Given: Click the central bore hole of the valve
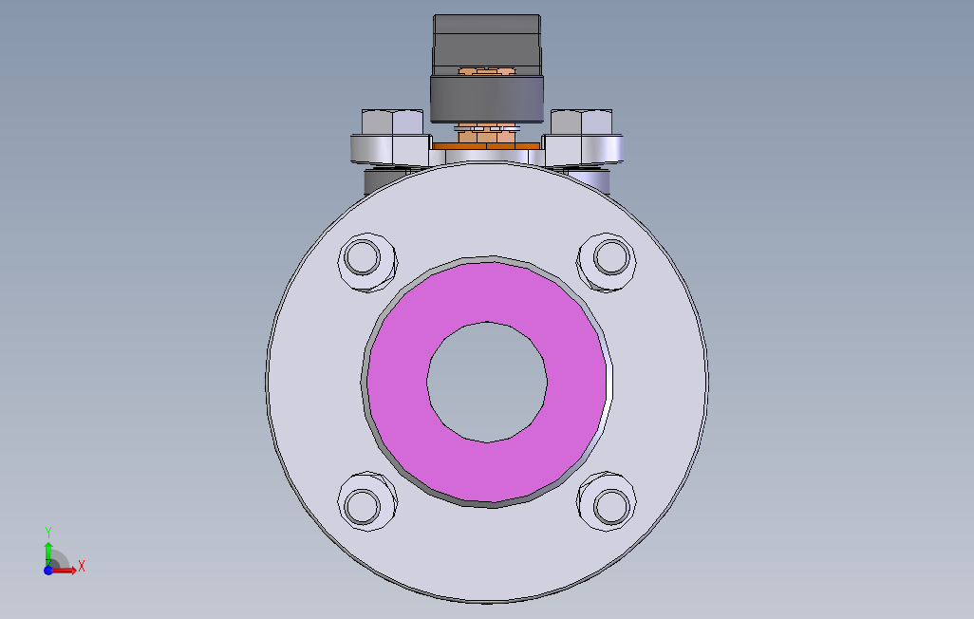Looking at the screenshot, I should pyautogui.click(x=487, y=381).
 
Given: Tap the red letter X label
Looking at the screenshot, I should pyautogui.click(x=82, y=567).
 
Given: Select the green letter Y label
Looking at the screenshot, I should pyautogui.click(x=47, y=532).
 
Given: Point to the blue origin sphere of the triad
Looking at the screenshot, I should pyautogui.click(x=47, y=570).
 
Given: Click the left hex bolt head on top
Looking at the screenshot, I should pyautogui.click(x=392, y=122).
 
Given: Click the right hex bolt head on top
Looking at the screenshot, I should pyautogui.click(x=581, y=122).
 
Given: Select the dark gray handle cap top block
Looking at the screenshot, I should pyautogui.click(x=487, y=41).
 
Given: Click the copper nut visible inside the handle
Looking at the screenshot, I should pyautogui.click(x=487, y=71).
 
